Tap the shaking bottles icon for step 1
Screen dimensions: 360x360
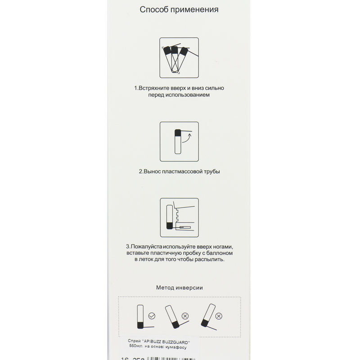(x=179, y=58)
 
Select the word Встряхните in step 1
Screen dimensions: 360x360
(x=156, y=88)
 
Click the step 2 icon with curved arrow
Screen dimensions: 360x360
(x=179, y=142)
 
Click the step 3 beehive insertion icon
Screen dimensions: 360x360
(x=179, y=218)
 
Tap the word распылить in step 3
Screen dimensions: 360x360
(x=209, y=260)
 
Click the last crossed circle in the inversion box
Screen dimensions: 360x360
(x=219, y=316)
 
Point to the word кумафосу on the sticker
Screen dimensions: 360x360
(x=174, y=347)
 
